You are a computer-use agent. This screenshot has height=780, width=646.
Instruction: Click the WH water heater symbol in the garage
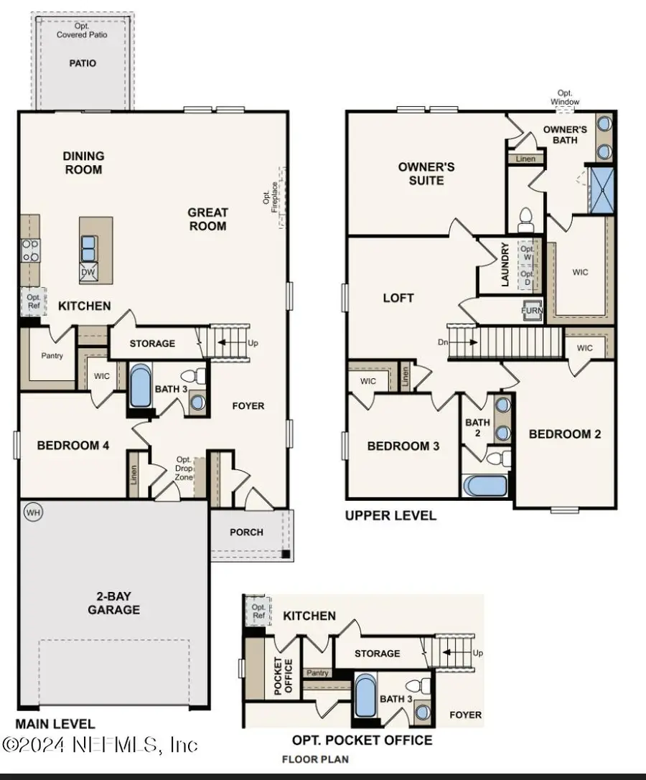[32, 512]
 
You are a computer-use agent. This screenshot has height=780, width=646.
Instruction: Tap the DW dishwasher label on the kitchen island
[87, 272]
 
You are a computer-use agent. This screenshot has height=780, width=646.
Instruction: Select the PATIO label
[83, 63]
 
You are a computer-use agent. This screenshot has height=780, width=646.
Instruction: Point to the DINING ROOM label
[83, 163]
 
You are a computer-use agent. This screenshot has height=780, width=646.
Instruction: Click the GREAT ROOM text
[207, 219]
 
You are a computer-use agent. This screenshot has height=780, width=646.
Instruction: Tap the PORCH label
[246, 532]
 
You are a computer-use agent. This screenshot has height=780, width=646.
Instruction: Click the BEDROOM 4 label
[73, 446]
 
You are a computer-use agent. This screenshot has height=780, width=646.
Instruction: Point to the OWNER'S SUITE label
[426, 174]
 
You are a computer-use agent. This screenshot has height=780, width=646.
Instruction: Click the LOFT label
[398, 298]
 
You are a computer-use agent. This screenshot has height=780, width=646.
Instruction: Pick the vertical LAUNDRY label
[505, 265]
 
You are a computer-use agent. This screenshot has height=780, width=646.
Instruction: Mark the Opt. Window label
[565, 98]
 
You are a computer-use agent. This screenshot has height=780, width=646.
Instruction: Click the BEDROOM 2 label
[565, 433]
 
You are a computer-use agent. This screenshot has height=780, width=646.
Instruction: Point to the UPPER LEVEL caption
[390, 515]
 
